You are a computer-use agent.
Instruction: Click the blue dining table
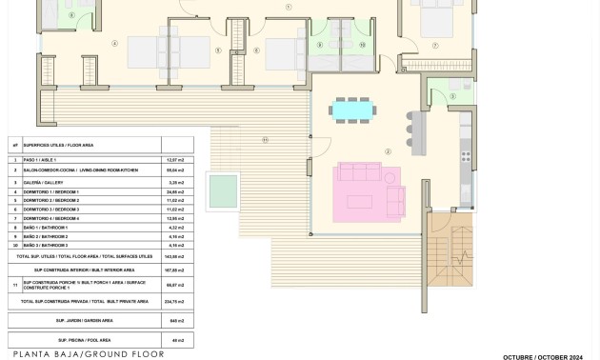(351, 111)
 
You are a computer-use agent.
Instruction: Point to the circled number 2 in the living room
(388, 151)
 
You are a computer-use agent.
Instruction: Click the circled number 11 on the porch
(265, 140)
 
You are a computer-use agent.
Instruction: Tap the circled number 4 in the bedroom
(115, 43)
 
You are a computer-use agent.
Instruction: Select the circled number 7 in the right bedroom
(435, 46)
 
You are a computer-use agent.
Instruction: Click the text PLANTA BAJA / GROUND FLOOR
(89, 354)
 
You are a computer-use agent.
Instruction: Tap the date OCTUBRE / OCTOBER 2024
(543, 357)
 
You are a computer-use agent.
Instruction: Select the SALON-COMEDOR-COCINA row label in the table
(80, 170)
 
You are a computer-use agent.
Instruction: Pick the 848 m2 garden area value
(177, 321)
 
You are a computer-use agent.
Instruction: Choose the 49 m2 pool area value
(177, 340)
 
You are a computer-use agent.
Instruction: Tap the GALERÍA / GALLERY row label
(43, 182)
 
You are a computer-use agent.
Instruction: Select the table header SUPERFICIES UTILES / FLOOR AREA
(58, 145)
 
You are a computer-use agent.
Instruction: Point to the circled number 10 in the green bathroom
(362, 45)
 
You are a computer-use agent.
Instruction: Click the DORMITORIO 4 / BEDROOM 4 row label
(51, 219)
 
